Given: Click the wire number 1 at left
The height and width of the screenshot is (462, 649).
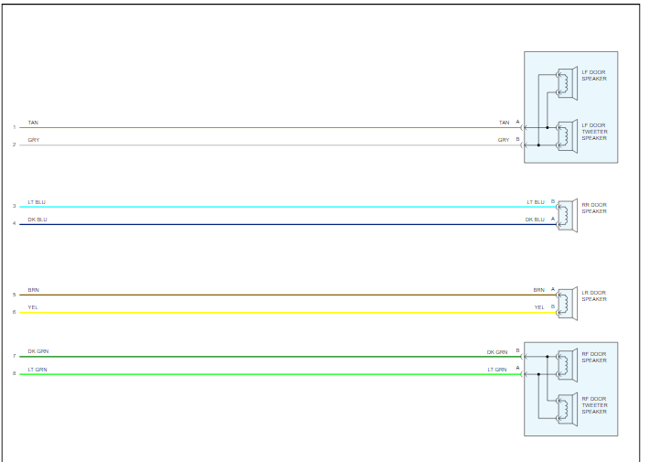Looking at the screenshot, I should tap(14, 127).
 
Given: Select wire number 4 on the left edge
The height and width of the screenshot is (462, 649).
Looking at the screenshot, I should tap(14, 223).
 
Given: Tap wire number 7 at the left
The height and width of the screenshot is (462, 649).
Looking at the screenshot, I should tap(14, 356).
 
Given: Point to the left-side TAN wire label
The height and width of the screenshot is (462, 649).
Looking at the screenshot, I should tap(33, 123).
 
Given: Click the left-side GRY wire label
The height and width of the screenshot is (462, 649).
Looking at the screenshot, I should tap(33, 140).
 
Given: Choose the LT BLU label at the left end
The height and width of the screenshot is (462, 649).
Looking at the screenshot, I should tap(37, 201).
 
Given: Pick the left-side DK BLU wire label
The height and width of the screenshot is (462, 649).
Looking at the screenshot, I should tap(37, 220).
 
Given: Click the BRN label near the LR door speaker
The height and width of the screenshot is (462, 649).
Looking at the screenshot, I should tap(538, 290).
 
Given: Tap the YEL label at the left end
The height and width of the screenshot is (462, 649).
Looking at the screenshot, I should tap(33, 307).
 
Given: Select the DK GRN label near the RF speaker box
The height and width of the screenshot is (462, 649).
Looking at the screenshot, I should tap(496, 351).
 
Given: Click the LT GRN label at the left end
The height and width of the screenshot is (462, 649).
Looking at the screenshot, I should tap(37, 369).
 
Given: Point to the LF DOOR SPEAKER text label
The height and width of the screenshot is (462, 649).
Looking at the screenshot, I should tap(594, 75).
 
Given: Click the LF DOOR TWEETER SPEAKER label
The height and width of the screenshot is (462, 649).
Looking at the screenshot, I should tap(594, 132).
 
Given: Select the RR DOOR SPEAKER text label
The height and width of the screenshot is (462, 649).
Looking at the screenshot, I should tap(594, 208).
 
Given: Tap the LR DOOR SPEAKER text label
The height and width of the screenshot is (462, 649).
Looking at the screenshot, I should tap(594, 295).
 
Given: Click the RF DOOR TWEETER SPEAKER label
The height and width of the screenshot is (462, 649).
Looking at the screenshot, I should tap(594, 405).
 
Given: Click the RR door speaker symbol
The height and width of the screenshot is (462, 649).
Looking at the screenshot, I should tap(567, 215).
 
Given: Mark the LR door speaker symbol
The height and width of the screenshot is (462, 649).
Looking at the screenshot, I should tap(567, 303).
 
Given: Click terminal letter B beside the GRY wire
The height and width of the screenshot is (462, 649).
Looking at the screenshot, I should tap(517, 140).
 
